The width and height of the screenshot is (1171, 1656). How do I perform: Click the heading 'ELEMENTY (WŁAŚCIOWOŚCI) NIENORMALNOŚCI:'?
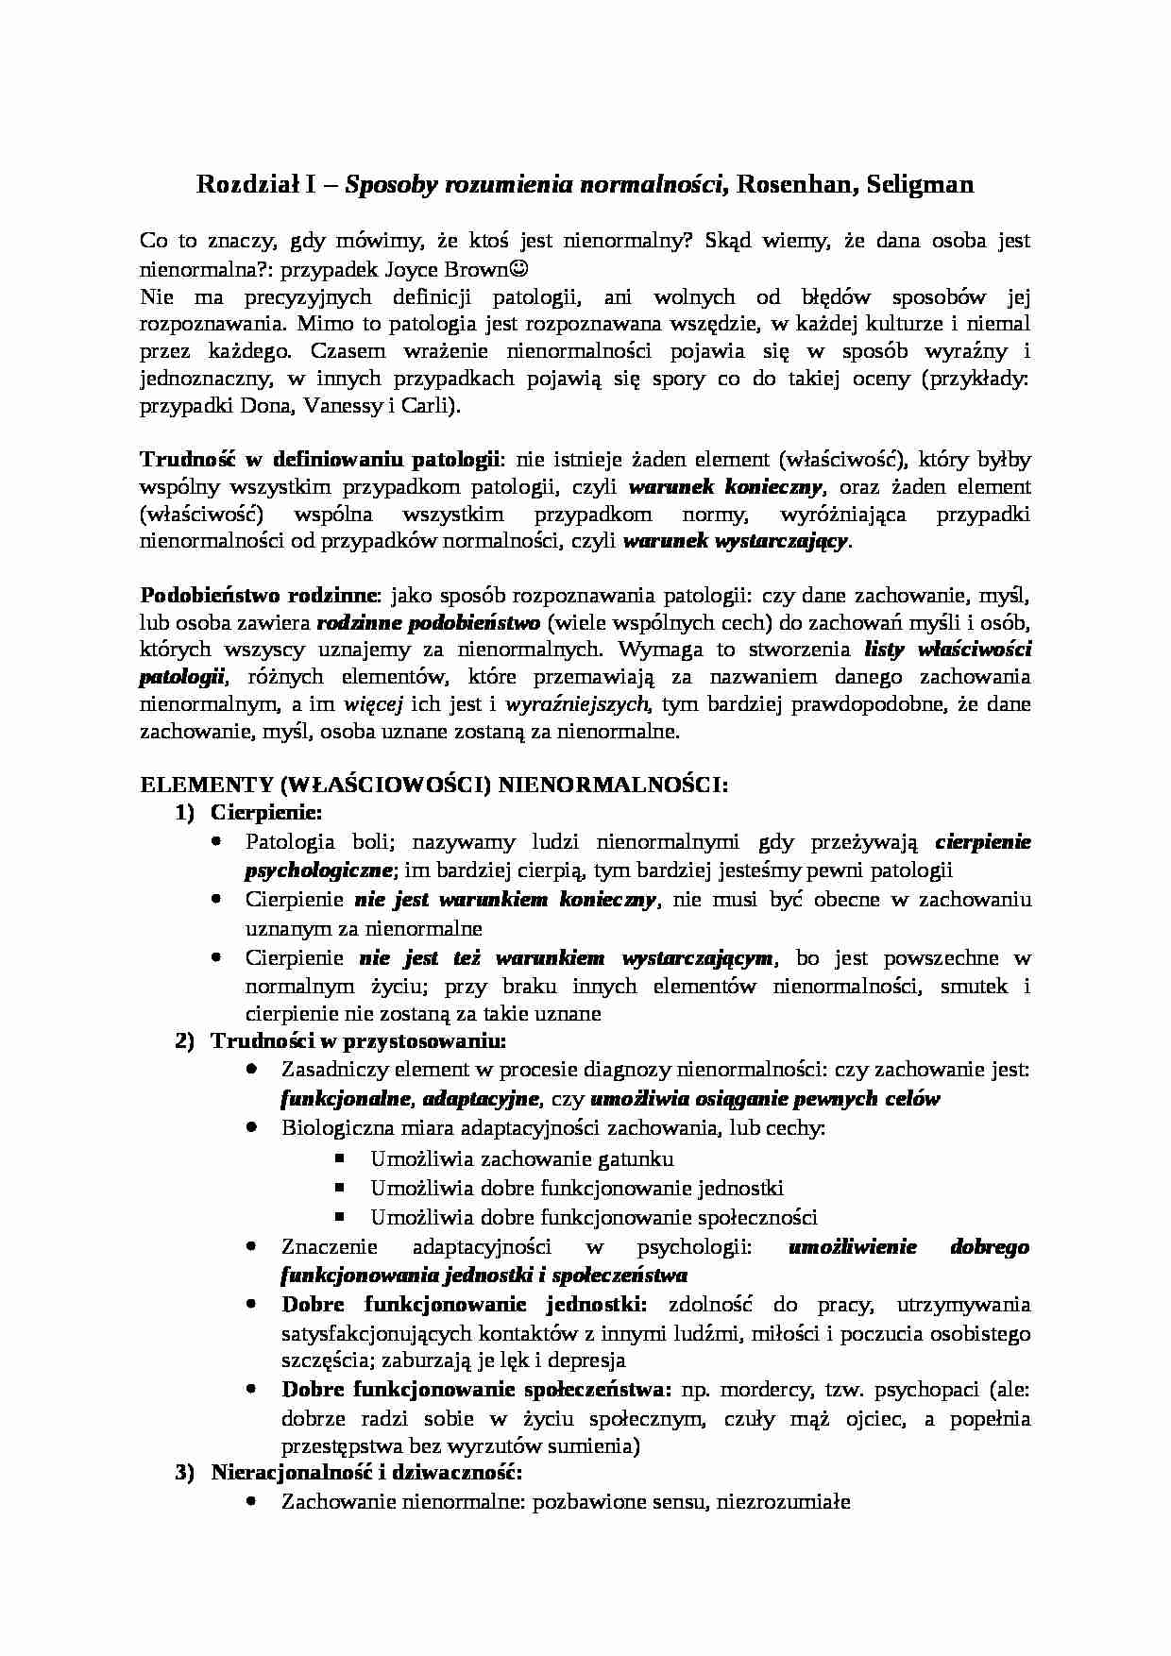click(433, 786)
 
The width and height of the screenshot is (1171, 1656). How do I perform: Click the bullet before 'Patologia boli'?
click(217, 840)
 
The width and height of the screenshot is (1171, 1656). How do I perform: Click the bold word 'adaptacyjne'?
click(482, 1099)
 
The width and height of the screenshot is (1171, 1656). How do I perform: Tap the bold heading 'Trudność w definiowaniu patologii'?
click(320, 460)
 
